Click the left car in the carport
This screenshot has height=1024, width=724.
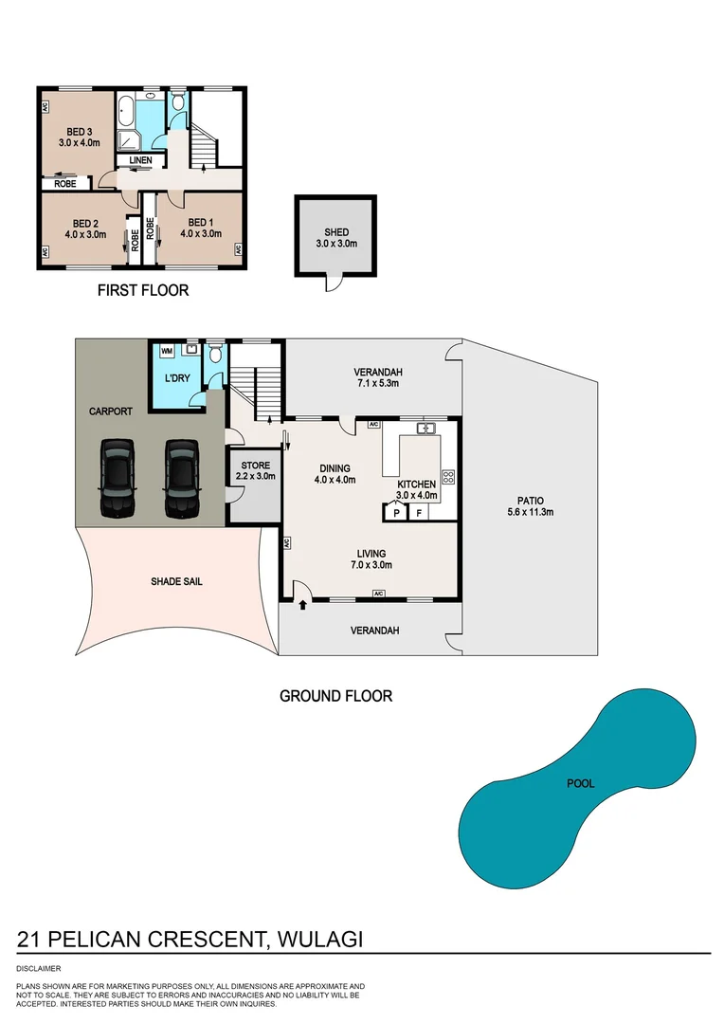(x=117, y=479)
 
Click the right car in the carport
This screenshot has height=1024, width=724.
(x=180, y=479)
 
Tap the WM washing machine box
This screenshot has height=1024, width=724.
(x=167, y=351)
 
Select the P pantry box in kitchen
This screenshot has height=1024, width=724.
(x=395, y=513)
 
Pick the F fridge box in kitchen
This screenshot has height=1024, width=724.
(x=419, y=513)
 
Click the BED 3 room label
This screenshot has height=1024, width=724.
(x=80, y=137)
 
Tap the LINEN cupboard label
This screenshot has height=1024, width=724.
(x=140, y=161)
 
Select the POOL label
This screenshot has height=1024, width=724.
(x=580, y=784)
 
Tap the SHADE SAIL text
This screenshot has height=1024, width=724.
(x=176, y=581)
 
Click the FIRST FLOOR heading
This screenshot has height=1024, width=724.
(x=143, y=290)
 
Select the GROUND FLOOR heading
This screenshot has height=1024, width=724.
(x=335, y=696)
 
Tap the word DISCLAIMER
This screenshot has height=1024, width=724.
(x=39, y=968)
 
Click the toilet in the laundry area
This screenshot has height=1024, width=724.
(x=215, y=356)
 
